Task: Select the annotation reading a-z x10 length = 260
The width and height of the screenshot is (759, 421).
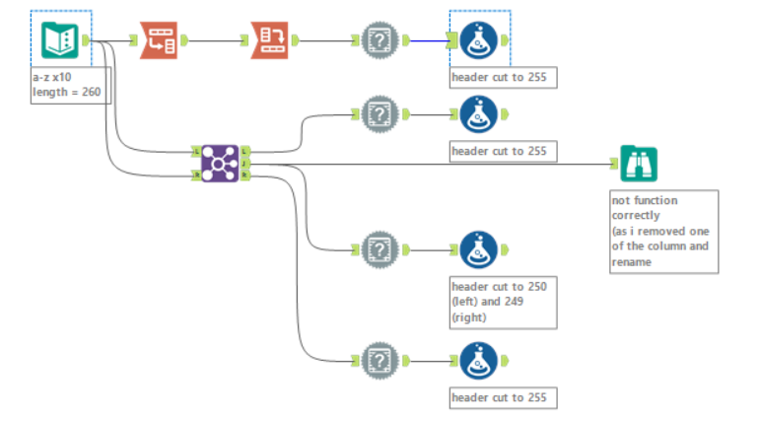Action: pos(66,86)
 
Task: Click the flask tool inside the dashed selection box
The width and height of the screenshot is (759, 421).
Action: pos(479,40)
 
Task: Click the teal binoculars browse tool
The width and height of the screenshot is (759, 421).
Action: pos(639,164)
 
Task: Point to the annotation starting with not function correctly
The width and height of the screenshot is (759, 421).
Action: pos(662,231)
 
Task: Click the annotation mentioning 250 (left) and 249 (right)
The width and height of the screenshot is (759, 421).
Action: pos(504,302)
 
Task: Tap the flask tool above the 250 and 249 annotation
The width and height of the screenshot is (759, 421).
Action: pos(479,250)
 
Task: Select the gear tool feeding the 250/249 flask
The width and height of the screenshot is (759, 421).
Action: pos(379,250)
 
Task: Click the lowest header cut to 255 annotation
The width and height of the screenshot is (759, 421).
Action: pos(504,397)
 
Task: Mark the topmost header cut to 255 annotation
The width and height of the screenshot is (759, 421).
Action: pos(504,77)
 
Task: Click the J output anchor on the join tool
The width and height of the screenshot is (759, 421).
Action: pos(245,163)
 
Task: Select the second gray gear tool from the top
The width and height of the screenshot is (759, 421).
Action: pos(379,114)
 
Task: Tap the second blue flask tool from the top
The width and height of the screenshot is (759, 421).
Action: pos(479,114)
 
